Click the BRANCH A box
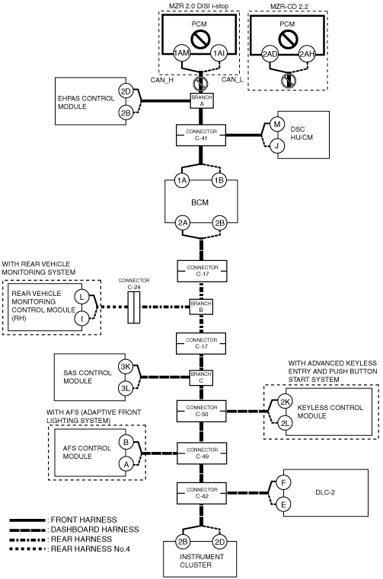(x=202, y=100)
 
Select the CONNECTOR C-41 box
(x=201, y=135)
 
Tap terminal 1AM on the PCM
(x=181, y=53)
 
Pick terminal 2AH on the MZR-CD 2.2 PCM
(x=307, y=54)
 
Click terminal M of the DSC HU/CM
(x=276, y=125)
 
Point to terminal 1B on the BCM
(x=219, y=180)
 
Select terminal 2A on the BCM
(x=183, y=223)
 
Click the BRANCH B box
(x=201, y=307)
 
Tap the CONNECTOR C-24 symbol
(x=134, y=307)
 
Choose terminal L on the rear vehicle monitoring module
(x=81, y=297)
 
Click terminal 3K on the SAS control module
(x=126, y=367)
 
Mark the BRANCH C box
(x=201, y=377)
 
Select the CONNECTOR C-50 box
(x=202, y=411)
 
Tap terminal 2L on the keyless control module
(x=285, y=423)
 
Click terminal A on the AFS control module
(x=126, y=465)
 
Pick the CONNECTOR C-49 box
(x=202, y=453)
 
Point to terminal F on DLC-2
(x=283, y=482)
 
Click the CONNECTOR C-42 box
(x=202, y=493)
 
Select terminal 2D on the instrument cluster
(x=219, y=542)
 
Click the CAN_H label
(x=162, y=79)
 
